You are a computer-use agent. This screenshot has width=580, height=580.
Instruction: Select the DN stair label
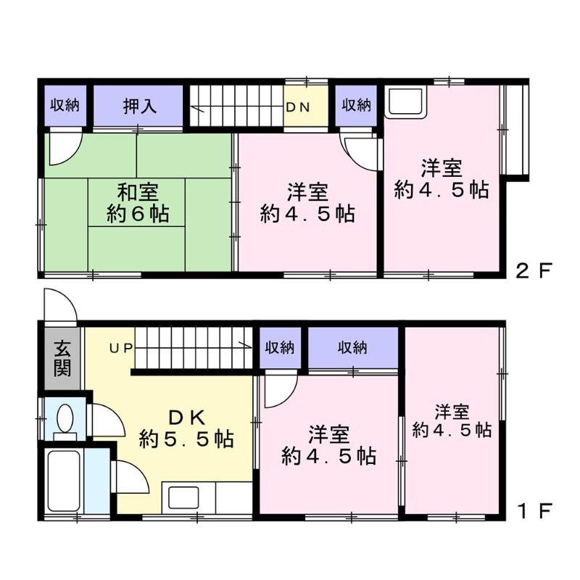(x=297, y=107)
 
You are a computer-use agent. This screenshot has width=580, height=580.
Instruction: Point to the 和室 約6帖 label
(x=139, y=204)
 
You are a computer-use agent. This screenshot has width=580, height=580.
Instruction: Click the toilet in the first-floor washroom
(x=65, y=419)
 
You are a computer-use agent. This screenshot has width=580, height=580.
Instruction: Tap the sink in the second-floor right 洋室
(x=405, y=103)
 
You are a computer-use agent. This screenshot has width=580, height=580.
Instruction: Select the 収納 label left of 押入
(x=65, y=106)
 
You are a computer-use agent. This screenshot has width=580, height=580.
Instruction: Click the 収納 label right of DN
(x=357, y=106)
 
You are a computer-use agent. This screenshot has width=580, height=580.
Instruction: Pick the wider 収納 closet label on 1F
(x=352, y=348)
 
